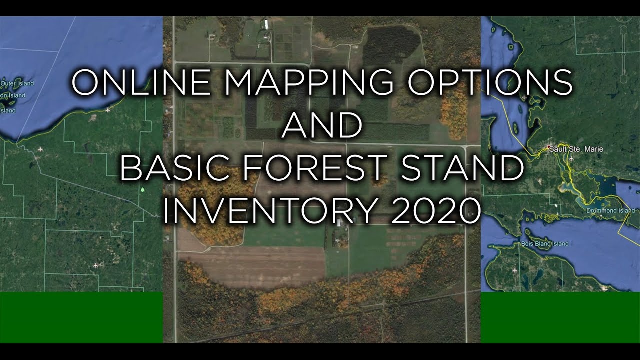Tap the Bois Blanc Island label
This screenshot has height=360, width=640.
[545, 244]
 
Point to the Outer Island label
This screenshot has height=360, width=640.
[17, 83]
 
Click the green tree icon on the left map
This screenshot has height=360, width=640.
[143, 190]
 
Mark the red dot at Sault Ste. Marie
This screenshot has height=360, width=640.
[549, 147]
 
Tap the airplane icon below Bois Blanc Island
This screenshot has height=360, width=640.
[515, 271]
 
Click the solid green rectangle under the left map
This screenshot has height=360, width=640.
[81, 317]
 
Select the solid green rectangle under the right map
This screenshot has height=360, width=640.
[560, 317]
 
